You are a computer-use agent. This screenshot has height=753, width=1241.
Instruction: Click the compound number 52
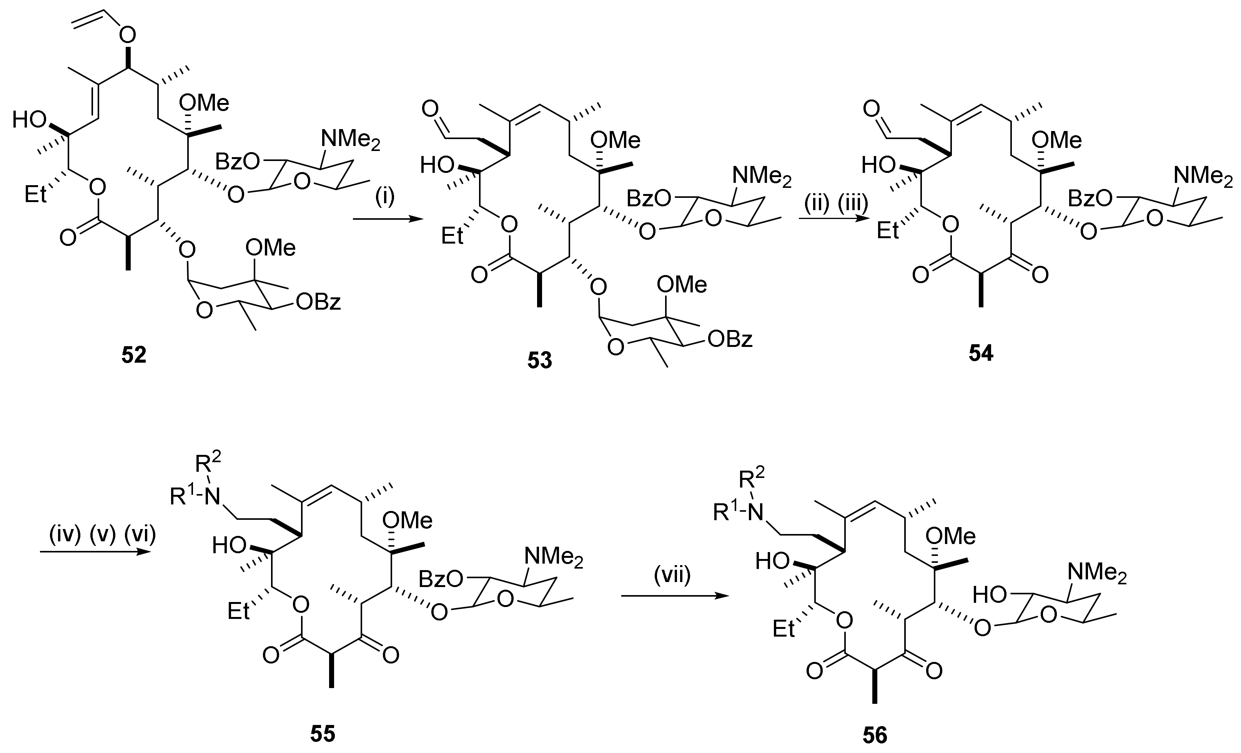(133, 355)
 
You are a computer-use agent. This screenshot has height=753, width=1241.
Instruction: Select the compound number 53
(539, 360)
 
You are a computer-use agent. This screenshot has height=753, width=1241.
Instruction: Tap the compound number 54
(981, 354)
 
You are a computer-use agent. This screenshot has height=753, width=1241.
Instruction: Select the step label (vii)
(672, 574)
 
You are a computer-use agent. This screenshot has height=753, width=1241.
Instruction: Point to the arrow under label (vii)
(675, 596)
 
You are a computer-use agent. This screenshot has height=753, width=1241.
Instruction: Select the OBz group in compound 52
(318, 302)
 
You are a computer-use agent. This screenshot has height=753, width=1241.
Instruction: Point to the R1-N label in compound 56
(737, 513)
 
